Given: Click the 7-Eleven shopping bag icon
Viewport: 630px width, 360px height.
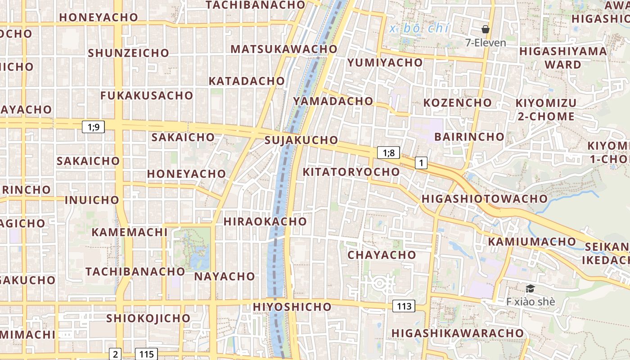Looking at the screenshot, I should click(486, 30).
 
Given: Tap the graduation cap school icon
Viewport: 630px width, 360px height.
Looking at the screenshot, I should click(531, 288).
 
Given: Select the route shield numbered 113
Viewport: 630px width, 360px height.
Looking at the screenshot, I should click(404, 306).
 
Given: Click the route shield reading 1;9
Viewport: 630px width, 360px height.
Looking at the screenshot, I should click(93, 127).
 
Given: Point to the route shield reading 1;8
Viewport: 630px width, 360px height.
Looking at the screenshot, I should click(388, 153).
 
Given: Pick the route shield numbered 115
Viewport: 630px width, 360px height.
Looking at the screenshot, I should click(147, 354).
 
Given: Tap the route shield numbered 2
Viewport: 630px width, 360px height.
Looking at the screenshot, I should click(116, 354).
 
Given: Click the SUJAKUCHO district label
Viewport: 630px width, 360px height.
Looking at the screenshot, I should click(301, 140).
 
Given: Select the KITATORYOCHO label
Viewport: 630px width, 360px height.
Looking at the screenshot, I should click(351, 172).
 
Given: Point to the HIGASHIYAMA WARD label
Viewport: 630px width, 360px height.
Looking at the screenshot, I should click(563, 58).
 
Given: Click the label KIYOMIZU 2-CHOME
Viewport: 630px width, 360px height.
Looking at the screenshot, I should click(546, 109).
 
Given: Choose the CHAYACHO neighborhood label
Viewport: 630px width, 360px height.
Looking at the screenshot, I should click(382, 255).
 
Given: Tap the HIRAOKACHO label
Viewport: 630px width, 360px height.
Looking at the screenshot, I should click(265, 221).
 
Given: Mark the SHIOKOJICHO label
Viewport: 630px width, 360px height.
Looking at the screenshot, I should click(148, 318).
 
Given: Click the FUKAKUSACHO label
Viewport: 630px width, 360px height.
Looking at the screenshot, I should click(147, 95).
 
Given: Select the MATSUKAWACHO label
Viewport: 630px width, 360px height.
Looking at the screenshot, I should click(284, 49).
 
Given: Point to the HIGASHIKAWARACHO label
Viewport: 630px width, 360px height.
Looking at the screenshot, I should click(458, 333).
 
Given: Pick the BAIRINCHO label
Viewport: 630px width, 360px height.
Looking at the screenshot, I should click(469, 136).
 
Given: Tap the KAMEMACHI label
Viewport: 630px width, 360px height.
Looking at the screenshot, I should click(130, 232).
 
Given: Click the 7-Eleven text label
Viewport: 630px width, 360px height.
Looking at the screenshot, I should click(486, 43).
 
